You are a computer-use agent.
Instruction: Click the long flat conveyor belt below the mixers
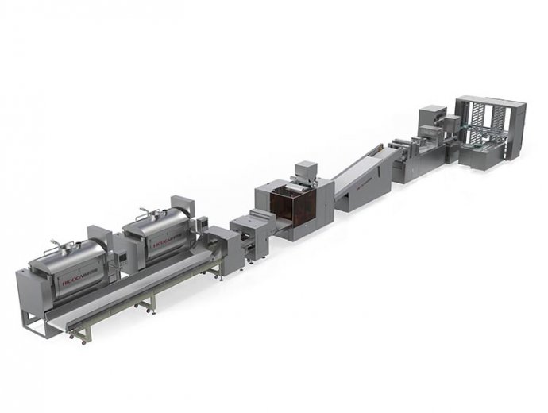pos(135,286)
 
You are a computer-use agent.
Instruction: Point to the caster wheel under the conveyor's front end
pos(72,340)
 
